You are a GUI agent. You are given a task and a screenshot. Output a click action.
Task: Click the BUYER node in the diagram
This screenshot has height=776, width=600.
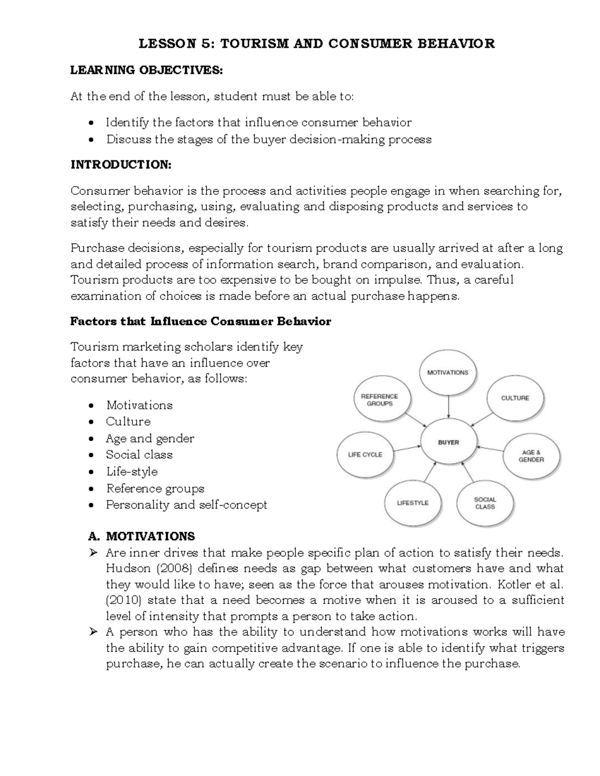(x=448, y=442)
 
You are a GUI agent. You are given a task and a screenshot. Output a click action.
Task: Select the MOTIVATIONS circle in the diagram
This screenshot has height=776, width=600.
(x=448, y=372)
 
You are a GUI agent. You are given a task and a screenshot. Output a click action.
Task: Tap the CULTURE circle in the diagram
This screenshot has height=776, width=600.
(x=515, y=398)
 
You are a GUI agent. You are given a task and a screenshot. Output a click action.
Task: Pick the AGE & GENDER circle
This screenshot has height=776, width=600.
(x=531, y=456)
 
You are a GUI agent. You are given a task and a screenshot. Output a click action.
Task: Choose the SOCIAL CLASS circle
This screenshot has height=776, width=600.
(x=485, y=503)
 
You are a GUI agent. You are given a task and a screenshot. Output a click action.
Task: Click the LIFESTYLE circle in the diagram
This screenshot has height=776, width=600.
(x=412, y=503)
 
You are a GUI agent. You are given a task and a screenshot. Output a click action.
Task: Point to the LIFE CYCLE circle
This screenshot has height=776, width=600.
(x=365, y=455)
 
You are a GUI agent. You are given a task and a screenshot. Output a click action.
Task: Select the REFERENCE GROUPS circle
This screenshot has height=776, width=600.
(x=380, y=400)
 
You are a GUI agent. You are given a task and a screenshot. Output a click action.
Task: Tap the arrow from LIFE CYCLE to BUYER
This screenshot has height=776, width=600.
(x=406, y=448)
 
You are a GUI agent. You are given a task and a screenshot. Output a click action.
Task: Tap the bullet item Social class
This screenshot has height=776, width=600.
(x=139, y=455)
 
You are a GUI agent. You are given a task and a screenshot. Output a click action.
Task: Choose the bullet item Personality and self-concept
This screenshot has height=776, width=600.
(x=186, y=505)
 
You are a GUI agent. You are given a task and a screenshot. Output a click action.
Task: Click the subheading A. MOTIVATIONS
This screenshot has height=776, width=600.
(x=141, y=536)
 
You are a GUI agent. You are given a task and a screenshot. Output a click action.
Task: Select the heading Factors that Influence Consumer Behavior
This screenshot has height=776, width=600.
(x=200, y=321)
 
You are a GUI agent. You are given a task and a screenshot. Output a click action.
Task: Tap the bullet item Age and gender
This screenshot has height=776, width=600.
(x=149, y=438)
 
